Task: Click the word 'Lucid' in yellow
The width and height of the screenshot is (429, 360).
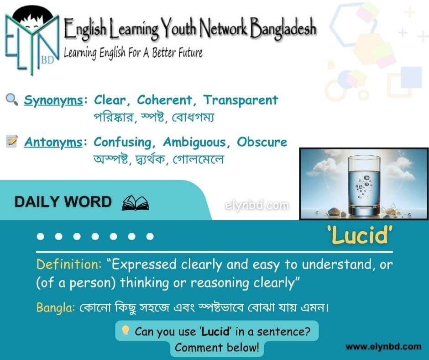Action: tap(360, 235)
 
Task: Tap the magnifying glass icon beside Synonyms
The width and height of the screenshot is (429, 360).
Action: tap(12, 100)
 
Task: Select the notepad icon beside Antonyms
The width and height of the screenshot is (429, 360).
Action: tap(12, 141)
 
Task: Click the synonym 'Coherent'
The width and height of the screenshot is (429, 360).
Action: tap(164, 100)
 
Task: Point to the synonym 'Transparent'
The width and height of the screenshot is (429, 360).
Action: tap(241, 100)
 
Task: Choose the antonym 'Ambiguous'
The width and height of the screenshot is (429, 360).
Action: tap(194, 143)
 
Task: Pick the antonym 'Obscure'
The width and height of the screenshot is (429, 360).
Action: tap(262, 142)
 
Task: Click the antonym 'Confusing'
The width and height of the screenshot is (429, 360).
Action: tap(122, 143)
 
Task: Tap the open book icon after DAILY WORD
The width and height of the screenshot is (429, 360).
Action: tap(136, 203)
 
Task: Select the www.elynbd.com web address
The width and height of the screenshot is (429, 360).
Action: tap(383, 347)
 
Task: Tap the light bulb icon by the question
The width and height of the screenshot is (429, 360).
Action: tap(126, 331)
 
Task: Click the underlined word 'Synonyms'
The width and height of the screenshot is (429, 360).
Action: tap(53, 101)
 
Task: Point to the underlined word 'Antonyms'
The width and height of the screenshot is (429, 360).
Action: tap(53, 143)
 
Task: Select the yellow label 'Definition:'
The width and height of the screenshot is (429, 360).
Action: tap(69, 265)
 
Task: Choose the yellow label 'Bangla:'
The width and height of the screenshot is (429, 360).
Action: tap(56, 307)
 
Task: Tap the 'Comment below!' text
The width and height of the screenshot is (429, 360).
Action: tap(217, 347)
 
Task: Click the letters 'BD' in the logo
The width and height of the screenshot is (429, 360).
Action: tap(47, 60)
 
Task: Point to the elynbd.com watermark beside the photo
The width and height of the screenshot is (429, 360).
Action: tap(256, 206)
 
